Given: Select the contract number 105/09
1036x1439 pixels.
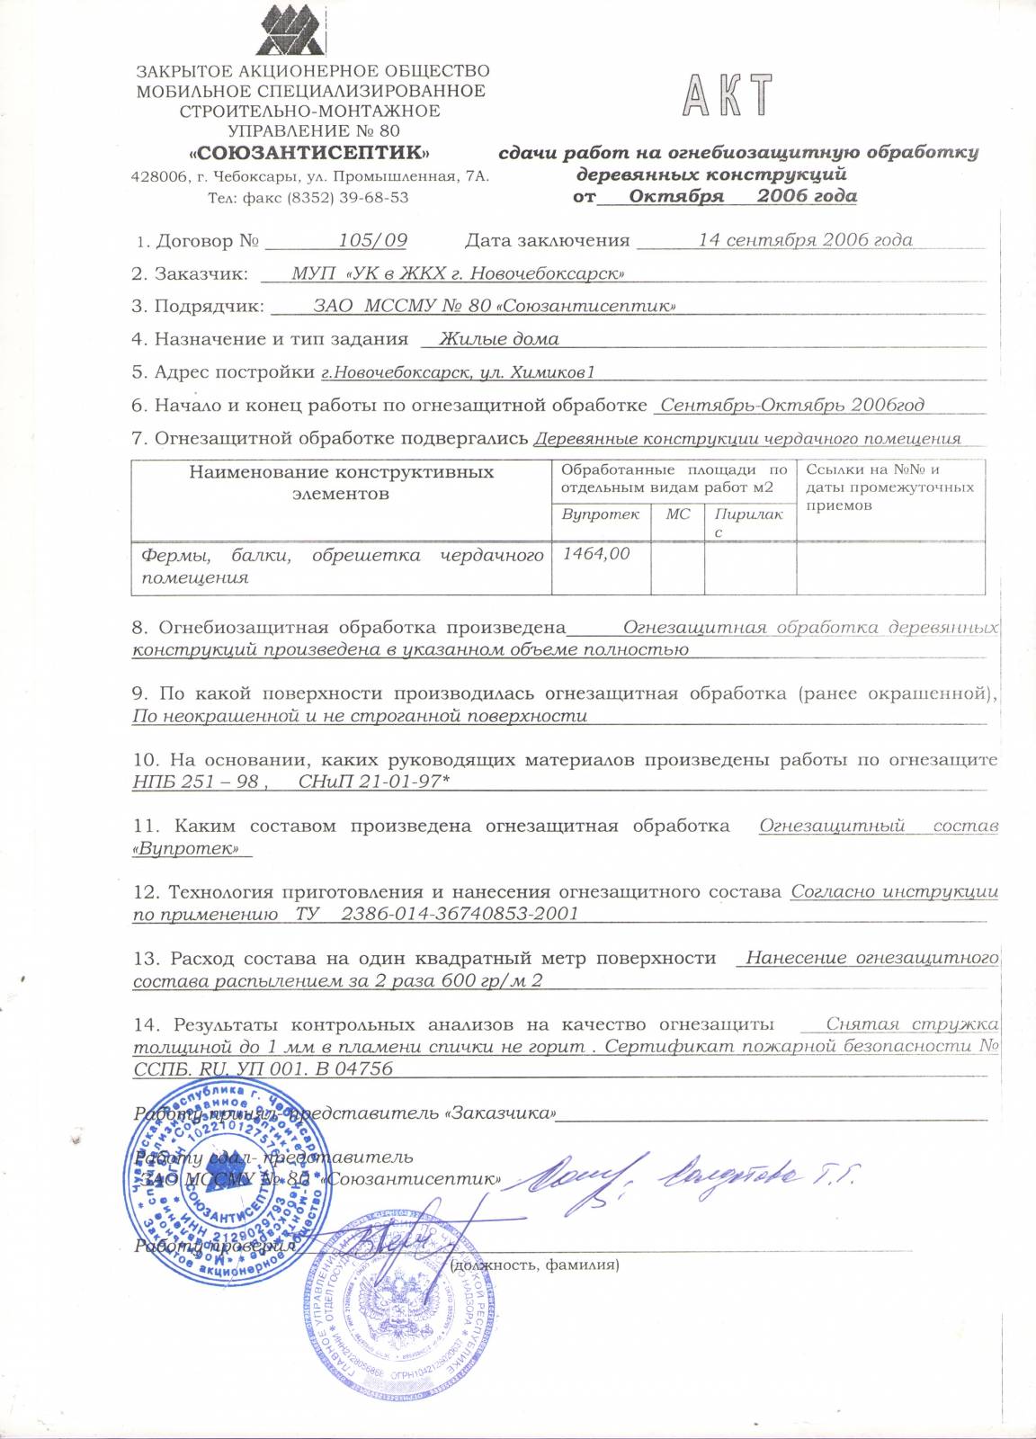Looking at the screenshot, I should tap(372, 240).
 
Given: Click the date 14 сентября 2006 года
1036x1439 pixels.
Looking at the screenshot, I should tap(805, 240).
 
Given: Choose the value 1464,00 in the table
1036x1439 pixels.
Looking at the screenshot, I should tap(595, 554).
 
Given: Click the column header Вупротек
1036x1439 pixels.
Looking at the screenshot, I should tap(600, 514).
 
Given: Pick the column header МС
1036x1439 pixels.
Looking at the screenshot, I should tap(677, 514).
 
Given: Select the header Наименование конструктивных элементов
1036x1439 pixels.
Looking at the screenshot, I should tap(341, 483).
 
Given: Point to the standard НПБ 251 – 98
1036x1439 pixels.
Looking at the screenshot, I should tap(195, 782).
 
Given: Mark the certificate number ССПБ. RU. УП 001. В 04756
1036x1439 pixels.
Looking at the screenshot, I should tap(263, 1068).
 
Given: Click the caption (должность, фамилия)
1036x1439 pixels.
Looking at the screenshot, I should tap(534, 1265).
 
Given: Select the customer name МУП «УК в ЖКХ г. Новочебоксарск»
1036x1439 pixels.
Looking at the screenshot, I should tap(458, 273).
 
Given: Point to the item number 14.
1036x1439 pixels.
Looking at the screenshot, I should tap(145, 1025).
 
